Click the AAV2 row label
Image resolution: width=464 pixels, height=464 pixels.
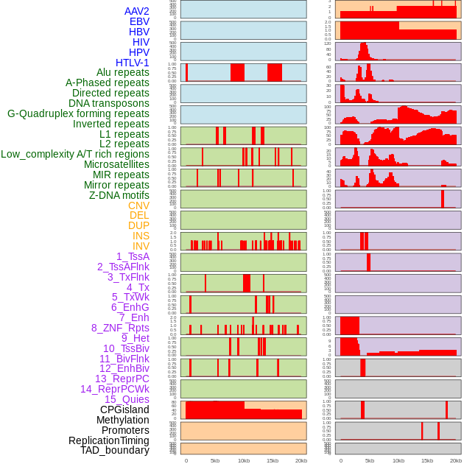[137, 11]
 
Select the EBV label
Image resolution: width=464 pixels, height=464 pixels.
[139, 21]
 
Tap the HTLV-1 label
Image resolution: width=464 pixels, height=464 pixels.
[133, 63]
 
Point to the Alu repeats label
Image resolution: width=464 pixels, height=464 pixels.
[123, 72]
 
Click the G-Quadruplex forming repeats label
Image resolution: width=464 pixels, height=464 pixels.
[78, 113]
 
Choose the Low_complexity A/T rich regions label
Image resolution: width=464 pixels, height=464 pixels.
[75, 154]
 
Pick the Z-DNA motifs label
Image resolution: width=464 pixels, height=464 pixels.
[119, 195]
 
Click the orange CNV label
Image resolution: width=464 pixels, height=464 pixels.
[138, 205]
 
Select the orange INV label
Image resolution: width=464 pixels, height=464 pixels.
[141, 246]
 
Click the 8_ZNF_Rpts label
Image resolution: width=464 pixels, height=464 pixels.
[120, 328]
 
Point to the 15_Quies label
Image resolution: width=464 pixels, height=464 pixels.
[126, 399]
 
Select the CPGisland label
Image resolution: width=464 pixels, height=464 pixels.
[124, 409]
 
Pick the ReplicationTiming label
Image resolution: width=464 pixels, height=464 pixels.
[109, 440]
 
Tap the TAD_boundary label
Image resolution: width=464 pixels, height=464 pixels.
[115, 450]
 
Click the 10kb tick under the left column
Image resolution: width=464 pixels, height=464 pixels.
[243, 460]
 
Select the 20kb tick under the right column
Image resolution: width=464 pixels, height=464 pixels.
[456, 460]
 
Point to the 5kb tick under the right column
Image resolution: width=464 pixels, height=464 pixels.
[369, 460]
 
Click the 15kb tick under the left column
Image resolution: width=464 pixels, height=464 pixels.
[272, 460]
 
